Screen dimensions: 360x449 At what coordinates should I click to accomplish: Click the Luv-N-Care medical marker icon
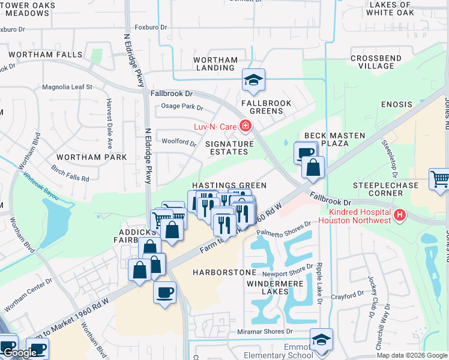tap(245, 126)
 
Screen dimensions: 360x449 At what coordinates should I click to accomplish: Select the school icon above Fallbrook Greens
tap(254, 80)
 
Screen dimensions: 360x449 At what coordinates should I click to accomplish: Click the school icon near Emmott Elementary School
tap(321, 340)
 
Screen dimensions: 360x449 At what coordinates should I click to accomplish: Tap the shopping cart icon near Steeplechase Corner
tap(440, 179)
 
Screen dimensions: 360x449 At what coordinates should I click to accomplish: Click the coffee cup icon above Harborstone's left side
tap(164, 293)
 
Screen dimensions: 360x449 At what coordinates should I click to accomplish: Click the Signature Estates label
tap(230, 148)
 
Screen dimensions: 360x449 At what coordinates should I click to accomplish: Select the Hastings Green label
tap(229, 186)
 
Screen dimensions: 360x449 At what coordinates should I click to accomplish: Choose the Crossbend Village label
tap(376, 62)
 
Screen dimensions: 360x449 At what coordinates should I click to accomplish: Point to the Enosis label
tap(397, 104)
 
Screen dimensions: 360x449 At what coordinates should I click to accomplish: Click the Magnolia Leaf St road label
tap(67, 87)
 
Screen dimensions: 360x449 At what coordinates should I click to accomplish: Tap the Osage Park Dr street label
tap(182, 107)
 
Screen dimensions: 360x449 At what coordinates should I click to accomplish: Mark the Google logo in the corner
tap(19, 353)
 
